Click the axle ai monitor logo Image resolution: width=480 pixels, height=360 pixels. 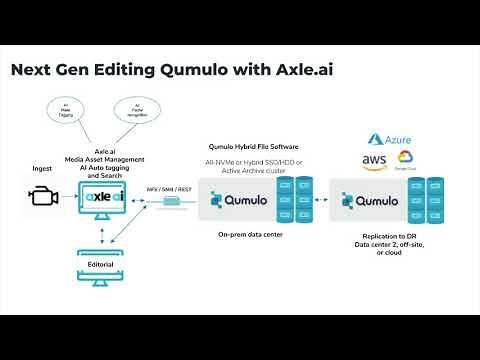click(105, 197)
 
